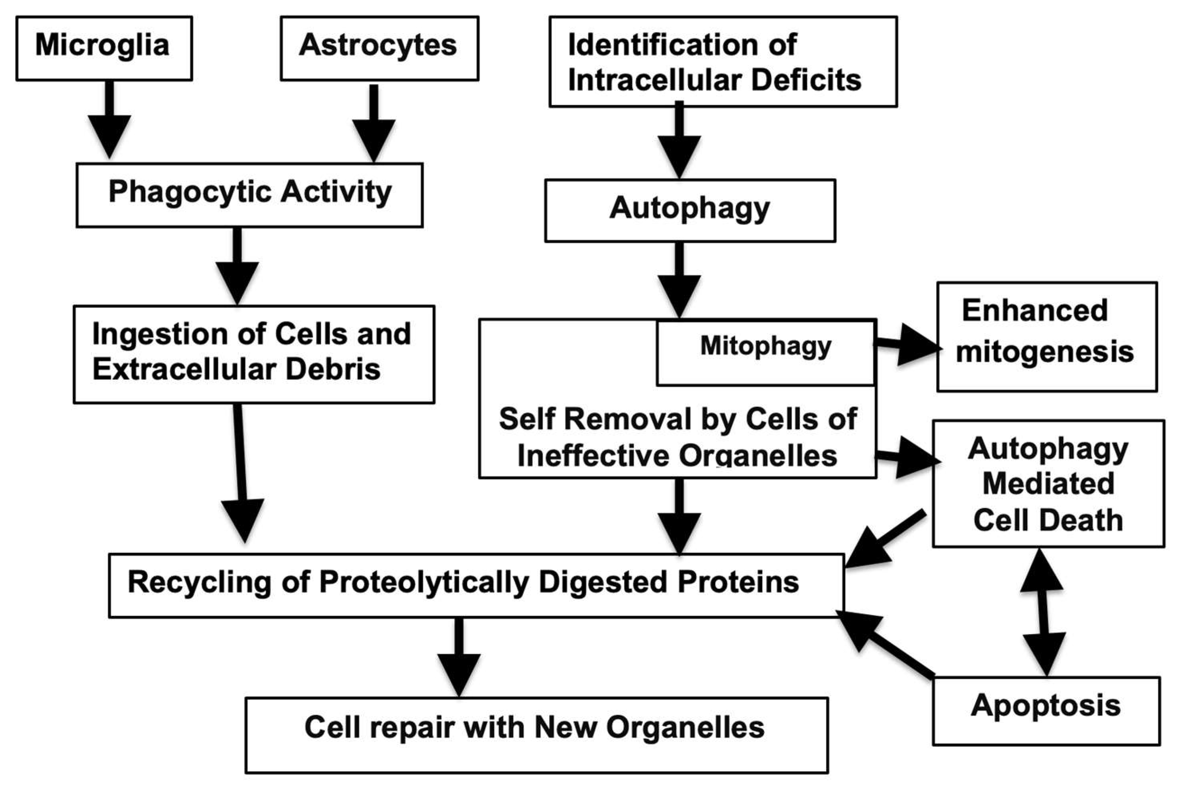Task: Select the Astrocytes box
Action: click(379, 48)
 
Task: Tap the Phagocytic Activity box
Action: click(249, 195)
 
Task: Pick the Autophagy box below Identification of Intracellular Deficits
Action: click(690, 210)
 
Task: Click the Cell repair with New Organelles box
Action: click(536, 734)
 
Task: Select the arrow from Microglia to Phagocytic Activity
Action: click(109, 121)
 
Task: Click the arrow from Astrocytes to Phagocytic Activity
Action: click(374, 124)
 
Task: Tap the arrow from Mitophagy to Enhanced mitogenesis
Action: click(906, 345)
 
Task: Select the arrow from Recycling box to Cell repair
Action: click(459, 656)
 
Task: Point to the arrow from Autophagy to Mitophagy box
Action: click(679, 280)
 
